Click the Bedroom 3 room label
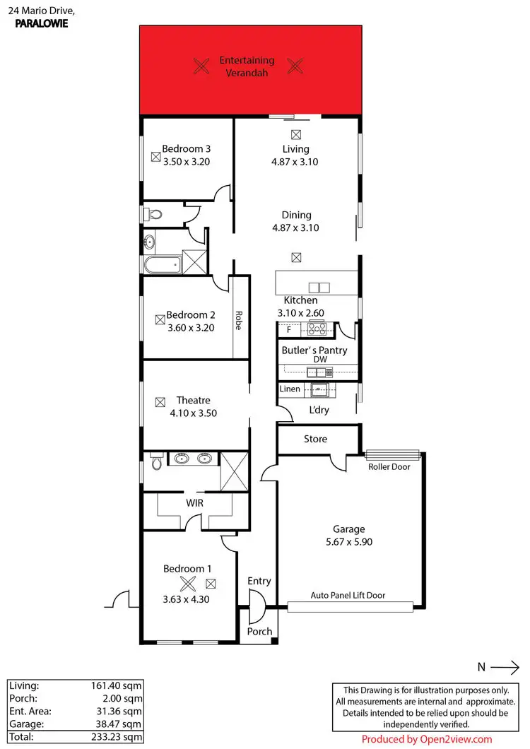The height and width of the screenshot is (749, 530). [187, 149]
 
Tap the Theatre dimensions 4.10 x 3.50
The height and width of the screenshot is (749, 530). [193, 413]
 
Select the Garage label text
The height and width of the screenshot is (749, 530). [348, 529]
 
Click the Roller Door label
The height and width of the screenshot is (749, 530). [389, 467]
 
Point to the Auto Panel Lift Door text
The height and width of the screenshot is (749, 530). [348, 596]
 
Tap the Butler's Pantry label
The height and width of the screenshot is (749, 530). [314, 350]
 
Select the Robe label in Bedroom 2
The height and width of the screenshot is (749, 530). [239, 322]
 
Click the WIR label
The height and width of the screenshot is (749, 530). [195, 503]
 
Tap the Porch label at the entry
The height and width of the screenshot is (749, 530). [259, 631]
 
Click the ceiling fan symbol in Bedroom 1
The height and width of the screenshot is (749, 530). [188, 584]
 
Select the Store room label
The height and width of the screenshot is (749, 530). [315, 439]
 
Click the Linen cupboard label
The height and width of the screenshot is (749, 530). [290, 389]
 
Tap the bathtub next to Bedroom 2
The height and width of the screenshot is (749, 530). [162, 266]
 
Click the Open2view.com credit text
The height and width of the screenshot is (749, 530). [426, 739]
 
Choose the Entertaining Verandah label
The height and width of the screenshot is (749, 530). [247, 66]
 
